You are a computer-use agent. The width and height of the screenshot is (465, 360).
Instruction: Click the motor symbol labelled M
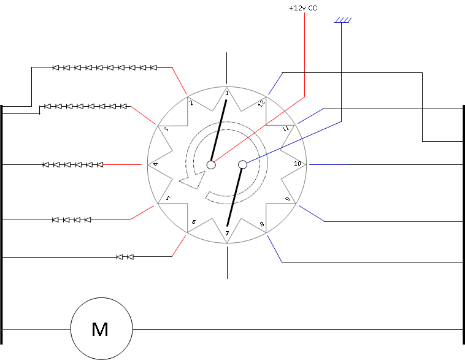(x=101, y=329)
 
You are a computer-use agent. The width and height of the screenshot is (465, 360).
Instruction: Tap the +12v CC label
(x=302, y=9)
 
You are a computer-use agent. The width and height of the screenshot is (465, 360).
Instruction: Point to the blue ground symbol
(x=342, y=21)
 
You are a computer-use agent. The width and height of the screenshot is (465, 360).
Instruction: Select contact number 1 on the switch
(x=227, y=93)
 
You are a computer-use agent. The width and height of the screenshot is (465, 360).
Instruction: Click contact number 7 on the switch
(x=227, y=234)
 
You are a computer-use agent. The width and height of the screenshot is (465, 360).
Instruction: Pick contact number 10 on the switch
(x=298, y=164)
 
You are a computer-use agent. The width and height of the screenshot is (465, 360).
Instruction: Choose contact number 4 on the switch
(x=155, y=164)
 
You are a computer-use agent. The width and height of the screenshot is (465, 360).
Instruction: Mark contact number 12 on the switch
(x=261, y=103)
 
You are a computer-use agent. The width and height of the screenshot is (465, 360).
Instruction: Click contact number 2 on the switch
(x=191, y=103)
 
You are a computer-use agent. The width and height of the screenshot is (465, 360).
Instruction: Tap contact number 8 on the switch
(x=263, y=224)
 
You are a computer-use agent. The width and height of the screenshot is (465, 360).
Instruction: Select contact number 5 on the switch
(x=167, y=199)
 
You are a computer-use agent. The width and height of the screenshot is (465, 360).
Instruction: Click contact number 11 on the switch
(x=286, y=129)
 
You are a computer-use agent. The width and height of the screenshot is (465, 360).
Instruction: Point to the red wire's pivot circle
(x=211, y=164)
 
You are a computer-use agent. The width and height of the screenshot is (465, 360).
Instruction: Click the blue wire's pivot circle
(x=242, y=164)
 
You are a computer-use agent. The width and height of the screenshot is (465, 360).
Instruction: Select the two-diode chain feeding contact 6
(x=125, y=256)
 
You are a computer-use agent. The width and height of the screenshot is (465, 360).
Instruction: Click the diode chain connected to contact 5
(x=72, y=220)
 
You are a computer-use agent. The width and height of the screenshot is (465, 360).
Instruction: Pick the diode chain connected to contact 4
(x=73, y=164)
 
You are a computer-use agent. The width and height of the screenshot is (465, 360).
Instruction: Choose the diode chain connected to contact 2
(x=104, y=67)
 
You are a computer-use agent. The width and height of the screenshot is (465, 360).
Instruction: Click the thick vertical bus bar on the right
(x=463, y=221)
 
